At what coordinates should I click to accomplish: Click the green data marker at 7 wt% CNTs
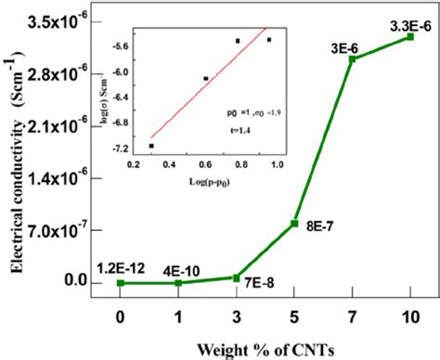tap(353, 59)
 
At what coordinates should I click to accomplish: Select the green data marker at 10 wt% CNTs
tap(410, 36)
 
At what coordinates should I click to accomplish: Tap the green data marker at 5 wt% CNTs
tap(294, 224)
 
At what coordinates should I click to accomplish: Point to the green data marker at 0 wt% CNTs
tap(121, 283)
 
